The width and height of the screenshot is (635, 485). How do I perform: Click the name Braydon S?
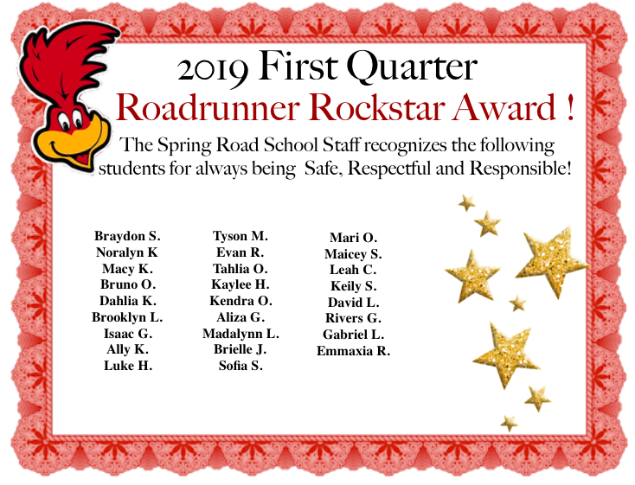[x=127, y=236]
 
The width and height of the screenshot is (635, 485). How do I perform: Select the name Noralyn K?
[x=127, y=252]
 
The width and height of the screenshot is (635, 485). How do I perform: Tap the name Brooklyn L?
[x=127, y=317]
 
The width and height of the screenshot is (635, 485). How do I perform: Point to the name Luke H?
[x=127, y=366]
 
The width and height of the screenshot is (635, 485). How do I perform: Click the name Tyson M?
[x=241, y=236]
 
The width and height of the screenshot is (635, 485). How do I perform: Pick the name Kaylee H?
[x=241, y=284]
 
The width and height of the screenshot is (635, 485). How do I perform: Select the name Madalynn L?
[x=241, y=334]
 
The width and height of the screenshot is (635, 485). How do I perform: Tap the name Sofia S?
[x=241, y=366]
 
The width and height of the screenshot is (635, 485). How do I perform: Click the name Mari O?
[x=353, y=238]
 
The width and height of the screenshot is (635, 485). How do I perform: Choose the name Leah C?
[x=353, y=270]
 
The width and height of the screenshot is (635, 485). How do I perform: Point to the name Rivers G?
[x=353, y=318]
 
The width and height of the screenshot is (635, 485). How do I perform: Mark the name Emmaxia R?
[x=353, y=351]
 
